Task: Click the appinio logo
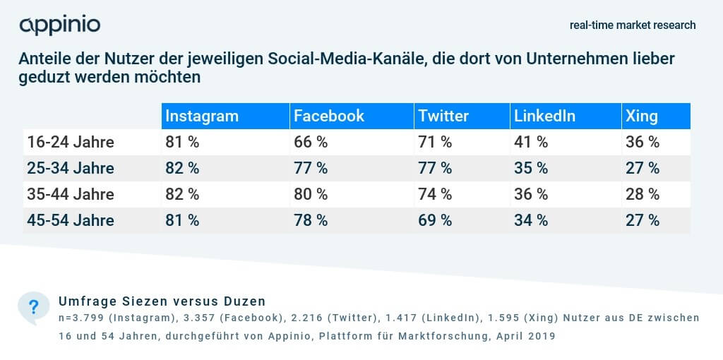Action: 60,25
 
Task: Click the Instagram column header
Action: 202,116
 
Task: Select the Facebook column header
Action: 329,116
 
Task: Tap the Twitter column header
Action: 443,116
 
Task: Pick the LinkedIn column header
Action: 544,116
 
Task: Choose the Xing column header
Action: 641,116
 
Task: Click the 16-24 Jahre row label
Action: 71,142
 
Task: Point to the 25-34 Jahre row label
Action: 71,168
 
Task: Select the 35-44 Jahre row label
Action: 71,194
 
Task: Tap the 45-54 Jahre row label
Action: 71,220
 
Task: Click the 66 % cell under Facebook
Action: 311,142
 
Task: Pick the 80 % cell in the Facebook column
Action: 311,194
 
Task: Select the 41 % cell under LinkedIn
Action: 531,142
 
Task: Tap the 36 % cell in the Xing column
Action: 643,142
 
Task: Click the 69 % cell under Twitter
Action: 435,220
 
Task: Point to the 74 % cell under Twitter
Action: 435,194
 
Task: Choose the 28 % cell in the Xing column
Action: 643,194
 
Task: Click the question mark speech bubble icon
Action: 33,307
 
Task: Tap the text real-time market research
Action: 633,25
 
